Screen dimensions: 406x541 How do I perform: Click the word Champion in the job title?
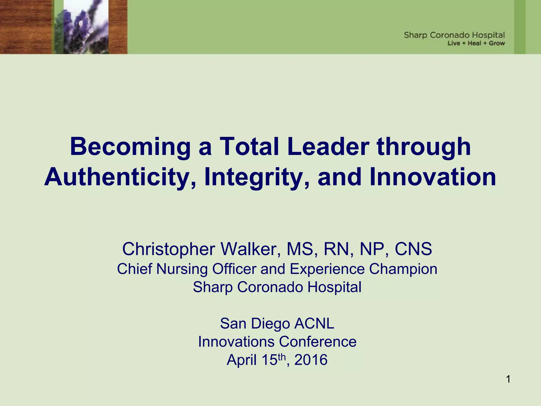click(403, 269)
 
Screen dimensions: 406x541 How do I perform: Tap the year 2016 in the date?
click(311, 360)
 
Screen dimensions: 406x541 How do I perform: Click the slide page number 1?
click(508, 379)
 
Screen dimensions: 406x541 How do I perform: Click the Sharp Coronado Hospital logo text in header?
click(454, 35)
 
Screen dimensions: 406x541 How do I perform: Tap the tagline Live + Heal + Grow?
click(476, 43)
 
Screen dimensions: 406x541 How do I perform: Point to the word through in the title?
click(424, 147)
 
